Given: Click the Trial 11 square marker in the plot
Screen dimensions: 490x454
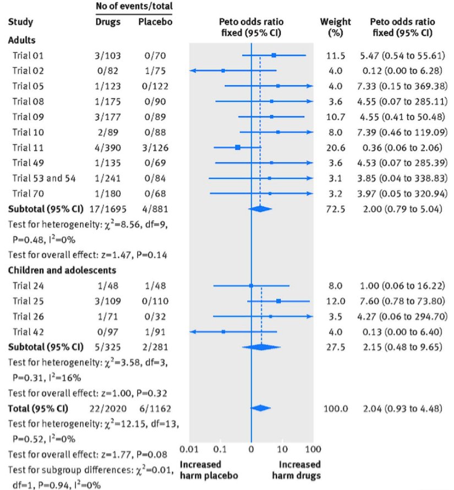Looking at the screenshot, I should (x=237, y=147).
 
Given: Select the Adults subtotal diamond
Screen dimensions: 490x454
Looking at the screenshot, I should (x=260, y=209).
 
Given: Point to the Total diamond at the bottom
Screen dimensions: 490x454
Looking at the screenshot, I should (x=260, y=408).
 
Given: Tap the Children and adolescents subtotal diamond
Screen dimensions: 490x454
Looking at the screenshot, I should (x=261, y=347).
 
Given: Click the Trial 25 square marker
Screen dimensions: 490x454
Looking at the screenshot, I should (x=278, y=301).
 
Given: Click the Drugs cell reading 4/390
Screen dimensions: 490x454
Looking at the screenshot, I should (x=108, y=147).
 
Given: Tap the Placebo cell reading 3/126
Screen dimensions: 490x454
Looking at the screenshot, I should (x=151, y=147).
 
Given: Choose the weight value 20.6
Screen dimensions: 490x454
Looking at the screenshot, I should (x=335, y=147).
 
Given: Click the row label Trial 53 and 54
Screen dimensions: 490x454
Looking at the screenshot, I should (x=43, y=178).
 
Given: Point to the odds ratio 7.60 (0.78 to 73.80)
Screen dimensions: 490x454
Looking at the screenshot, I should (x=404, y=301).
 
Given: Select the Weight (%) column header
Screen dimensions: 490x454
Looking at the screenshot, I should (x=335, y=27).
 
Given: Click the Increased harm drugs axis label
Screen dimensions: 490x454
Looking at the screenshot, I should (x=299, y=469).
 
